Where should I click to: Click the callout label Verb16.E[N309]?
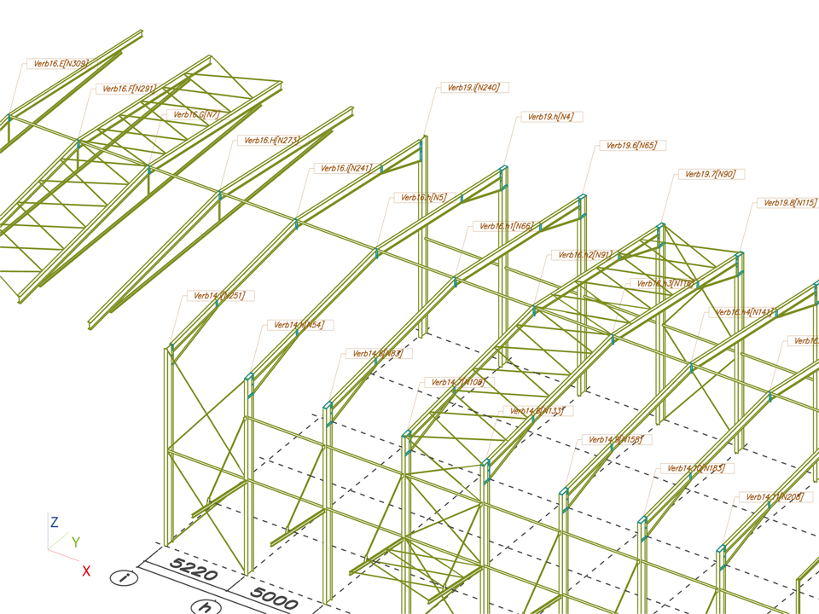click(x=61, y=63)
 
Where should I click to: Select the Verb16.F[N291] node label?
click(x=129, y=89)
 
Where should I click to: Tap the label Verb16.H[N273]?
click(x=271, y=141)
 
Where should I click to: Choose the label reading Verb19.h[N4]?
click(x=551, y=117)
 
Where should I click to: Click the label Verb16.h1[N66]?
click(x=506, y=226)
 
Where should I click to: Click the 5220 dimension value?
click(x=193, y=568)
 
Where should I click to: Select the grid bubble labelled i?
click(x=125, y=578)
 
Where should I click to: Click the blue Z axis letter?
click(x=54, y=521)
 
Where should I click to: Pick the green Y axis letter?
click(x=76, y=542)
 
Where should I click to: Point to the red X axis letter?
click(x=86, y=571)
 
